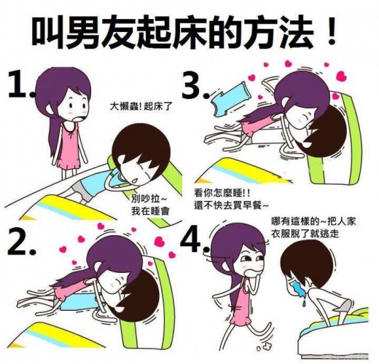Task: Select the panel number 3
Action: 195,85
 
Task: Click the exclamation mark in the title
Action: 331,31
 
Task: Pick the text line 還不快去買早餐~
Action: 231,206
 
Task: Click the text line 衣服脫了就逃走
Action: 305,234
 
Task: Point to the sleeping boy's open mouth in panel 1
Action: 134,181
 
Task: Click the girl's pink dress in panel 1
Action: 69,146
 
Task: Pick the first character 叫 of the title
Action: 48,31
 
